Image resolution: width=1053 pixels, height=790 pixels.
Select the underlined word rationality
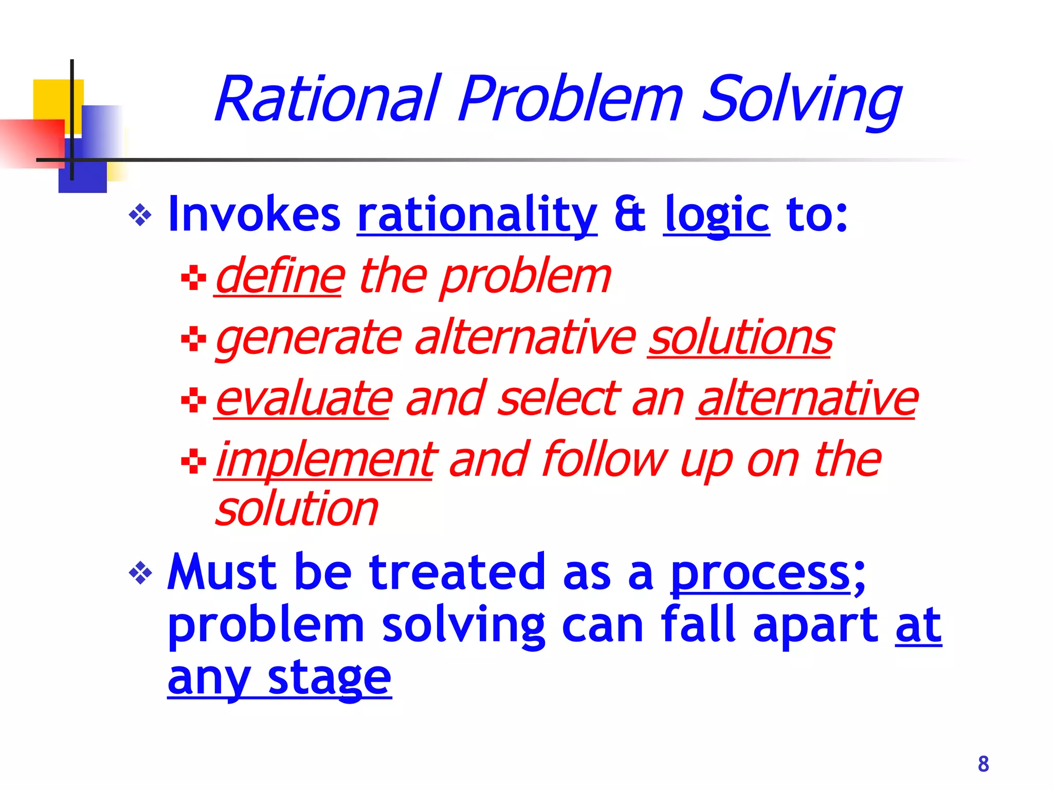477,215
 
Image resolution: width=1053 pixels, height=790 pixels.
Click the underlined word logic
716,215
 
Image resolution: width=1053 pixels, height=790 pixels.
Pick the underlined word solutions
740,338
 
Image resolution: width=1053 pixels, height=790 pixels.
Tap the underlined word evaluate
303,399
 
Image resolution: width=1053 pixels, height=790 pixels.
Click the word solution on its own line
297,509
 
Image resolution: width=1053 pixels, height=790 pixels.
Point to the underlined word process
761,572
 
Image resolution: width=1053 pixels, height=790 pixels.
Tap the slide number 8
983,764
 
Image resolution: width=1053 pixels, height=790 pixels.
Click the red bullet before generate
194,339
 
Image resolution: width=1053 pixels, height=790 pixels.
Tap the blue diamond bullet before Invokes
140,216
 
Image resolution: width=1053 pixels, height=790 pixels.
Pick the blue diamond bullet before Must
140,573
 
